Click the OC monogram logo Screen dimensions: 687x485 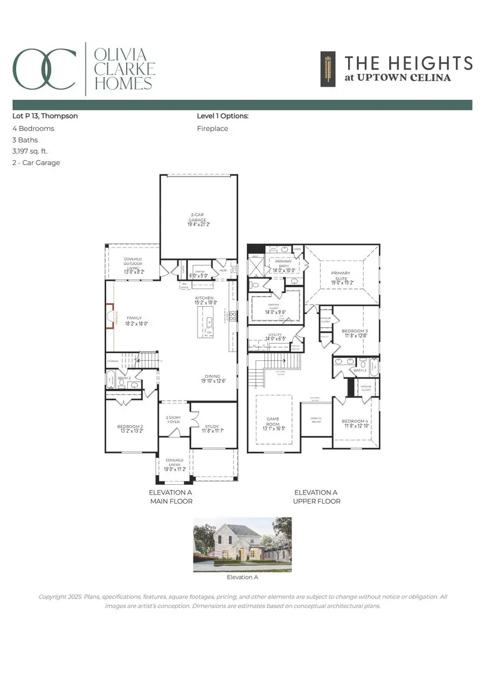45,69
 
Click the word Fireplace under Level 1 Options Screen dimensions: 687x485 212,129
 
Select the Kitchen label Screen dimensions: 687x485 204,298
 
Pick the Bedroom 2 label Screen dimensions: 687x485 130,428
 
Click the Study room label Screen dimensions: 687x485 213,427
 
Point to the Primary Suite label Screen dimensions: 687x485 341,277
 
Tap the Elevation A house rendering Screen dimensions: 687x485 242,545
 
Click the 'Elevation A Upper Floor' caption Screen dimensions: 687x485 317,497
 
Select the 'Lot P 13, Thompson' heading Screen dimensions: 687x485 45,116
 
